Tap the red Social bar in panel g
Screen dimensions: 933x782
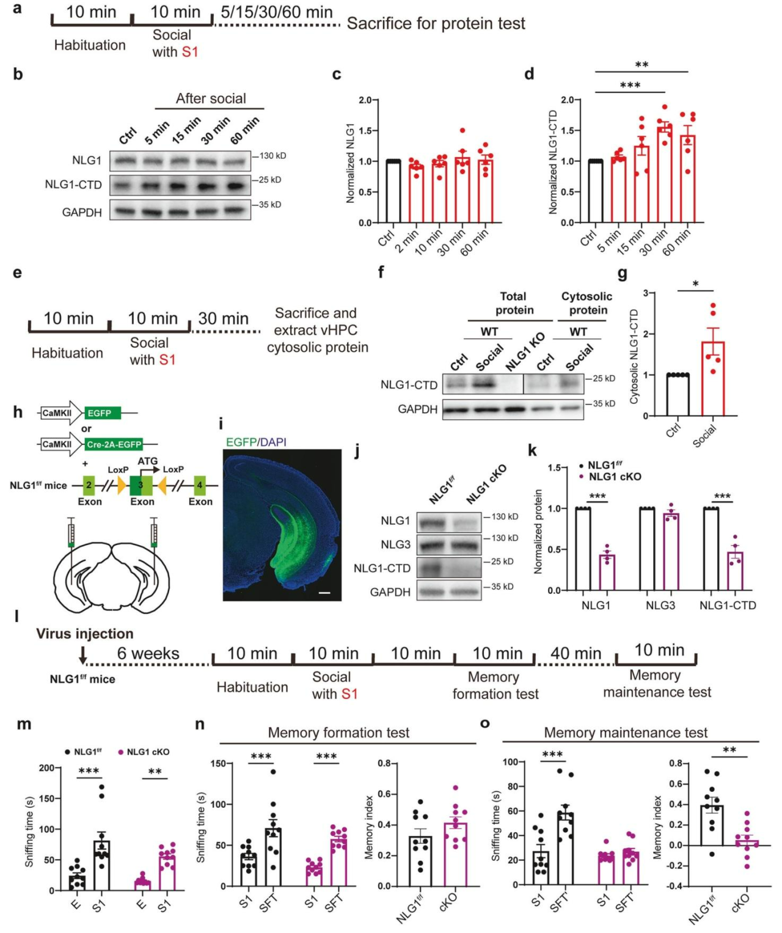pyautogui.click(x=713, y=379)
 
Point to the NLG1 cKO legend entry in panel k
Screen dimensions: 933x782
pyautogui.click(x=613, y=477)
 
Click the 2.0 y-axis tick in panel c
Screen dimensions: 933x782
pyautogui.click(x=365, y=100)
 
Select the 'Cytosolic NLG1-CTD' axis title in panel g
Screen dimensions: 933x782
pyautogui.click(x=634, y=356)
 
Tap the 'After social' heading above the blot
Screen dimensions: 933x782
pyautogui.click(x=211, y=98)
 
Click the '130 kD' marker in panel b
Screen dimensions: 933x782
pyautogui.click(x=272, y=156)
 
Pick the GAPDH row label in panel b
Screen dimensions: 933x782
pyautogui.click(x=82, y=212)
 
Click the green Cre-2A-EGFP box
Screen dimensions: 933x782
pyautogui.click(x=114, y=444)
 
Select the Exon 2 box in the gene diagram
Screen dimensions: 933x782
pyautogui.click(x=89, y=486)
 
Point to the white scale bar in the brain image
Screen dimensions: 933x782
pyautogui.click(x=324, y=592)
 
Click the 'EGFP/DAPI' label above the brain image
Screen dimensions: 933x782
pyautogui.click(x=256, y=442)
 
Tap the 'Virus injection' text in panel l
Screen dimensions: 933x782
pyautogui.click(x=84, y=634)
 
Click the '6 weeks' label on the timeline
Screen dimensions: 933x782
pyautogui.click(x=148, y=653)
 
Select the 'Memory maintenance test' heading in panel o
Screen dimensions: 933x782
pyautogui.click(x=626, y=732)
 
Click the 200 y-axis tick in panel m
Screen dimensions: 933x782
pyautogui.click(x=46, y=768)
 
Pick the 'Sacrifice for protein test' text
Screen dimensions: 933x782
pyautogui.click(x=436, y=24)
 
